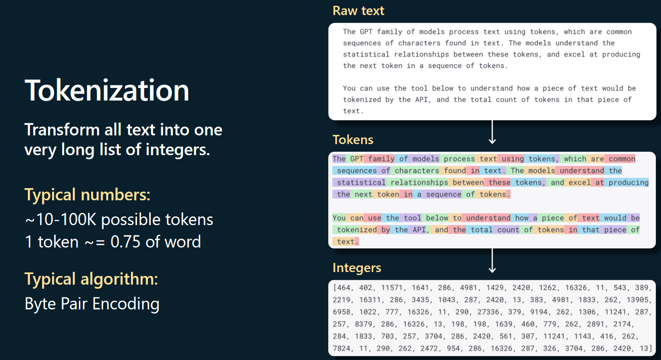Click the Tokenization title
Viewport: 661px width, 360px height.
107,91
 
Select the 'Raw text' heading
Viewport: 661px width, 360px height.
358,11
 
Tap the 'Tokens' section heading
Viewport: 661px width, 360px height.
353,140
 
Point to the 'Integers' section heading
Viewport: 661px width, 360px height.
357,268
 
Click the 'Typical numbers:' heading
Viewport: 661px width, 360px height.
87,195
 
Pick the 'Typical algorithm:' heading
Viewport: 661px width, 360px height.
91,279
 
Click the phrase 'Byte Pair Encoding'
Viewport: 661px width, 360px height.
92,304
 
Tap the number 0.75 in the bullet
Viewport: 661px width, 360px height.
125,242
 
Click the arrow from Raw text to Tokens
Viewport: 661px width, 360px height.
492,132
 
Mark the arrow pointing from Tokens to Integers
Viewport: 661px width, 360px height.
492,260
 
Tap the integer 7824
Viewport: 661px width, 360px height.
341,348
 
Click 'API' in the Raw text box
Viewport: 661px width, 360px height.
421,100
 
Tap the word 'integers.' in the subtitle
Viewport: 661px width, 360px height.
178,150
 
